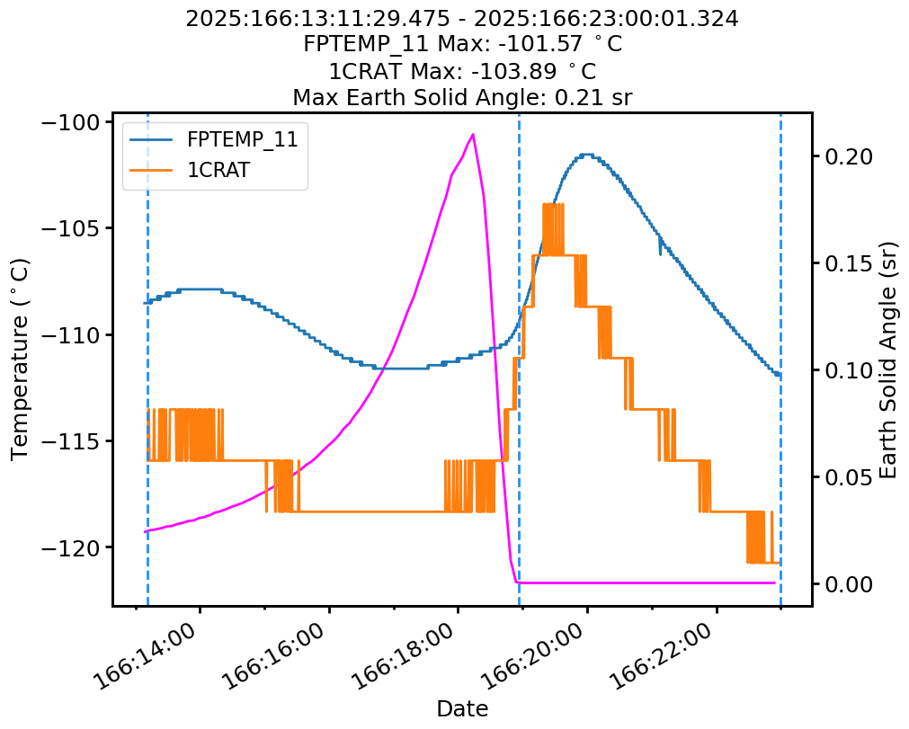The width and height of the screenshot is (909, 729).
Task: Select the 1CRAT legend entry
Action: (x=218, y=170)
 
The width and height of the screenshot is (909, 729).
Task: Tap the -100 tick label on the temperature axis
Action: (x=75, y=122)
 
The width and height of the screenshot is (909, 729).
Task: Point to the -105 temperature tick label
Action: (x=75, y=228)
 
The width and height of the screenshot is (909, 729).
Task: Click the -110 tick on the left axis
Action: (x=75, y=334)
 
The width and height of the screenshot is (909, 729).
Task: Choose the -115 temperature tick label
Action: (x=75, y=440)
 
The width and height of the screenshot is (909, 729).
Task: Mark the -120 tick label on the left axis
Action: (x=75, y=547)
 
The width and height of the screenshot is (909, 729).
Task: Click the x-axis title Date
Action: (x=462, y=709)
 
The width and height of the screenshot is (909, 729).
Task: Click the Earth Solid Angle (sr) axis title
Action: (x=888, y=360)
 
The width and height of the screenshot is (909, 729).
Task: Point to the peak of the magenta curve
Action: (x=473, y=134)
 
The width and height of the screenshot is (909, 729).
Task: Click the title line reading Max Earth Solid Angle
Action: (x=462, y=97)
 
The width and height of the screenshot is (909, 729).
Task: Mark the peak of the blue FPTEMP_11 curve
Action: (x=586, y=155)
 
